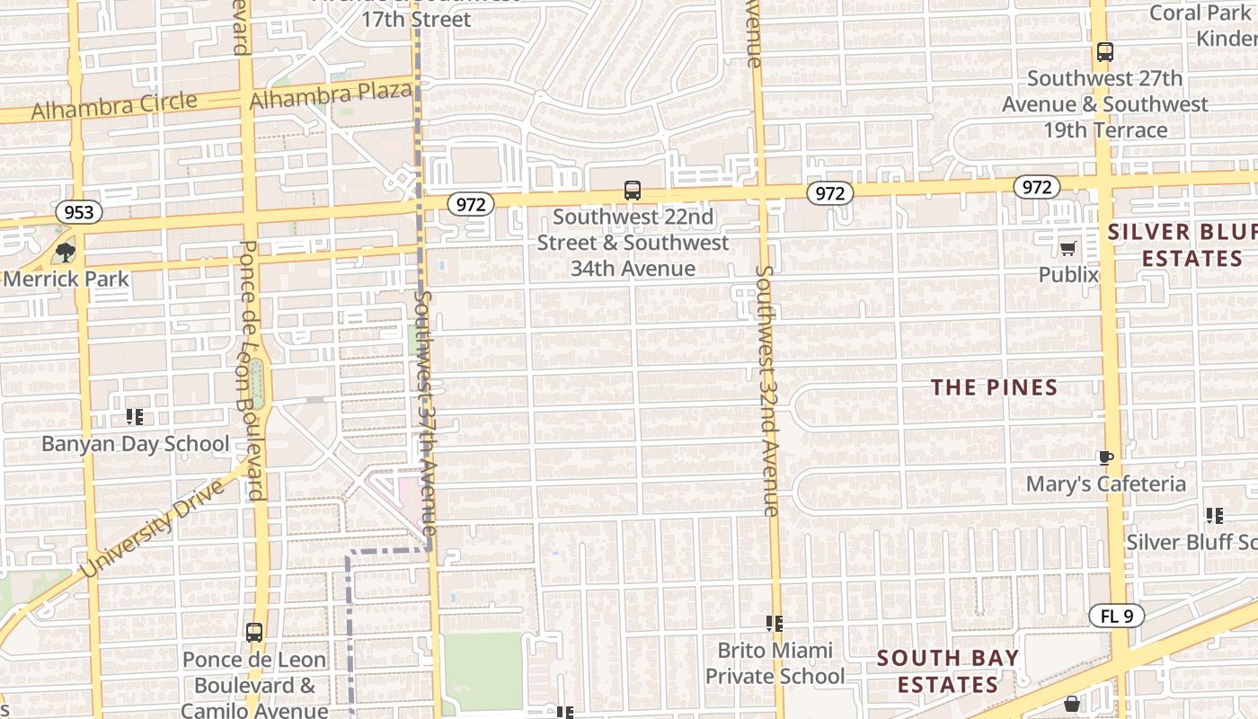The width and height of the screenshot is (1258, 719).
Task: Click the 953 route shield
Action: (x=79, y=213)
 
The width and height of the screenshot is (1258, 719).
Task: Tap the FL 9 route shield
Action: (x=1117, y=617)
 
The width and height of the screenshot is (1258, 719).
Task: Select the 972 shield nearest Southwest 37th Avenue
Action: (x=471, y=204)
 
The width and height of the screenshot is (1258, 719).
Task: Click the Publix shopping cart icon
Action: (x=1068, y=248)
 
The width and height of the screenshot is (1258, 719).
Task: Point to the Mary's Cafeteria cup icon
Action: (x=1106, y=457)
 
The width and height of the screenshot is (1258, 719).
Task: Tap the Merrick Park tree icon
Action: (x=65, y=252)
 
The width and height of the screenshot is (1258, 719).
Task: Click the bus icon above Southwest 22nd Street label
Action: (x=633, y=191)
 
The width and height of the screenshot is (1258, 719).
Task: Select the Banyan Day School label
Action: (x=136, y=444)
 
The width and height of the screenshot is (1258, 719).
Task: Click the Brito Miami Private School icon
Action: (x=774, y=623)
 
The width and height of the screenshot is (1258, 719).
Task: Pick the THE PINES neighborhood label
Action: (x=994, y=387)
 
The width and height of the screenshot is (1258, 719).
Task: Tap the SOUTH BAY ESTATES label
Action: (x=948, y=671)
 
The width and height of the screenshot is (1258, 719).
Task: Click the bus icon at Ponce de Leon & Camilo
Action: (x=254, y=632)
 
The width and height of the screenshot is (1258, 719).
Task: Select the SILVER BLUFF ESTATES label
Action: (x=1182, y=245)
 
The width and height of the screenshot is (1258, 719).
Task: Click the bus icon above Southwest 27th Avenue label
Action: (x=1105, y=52)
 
